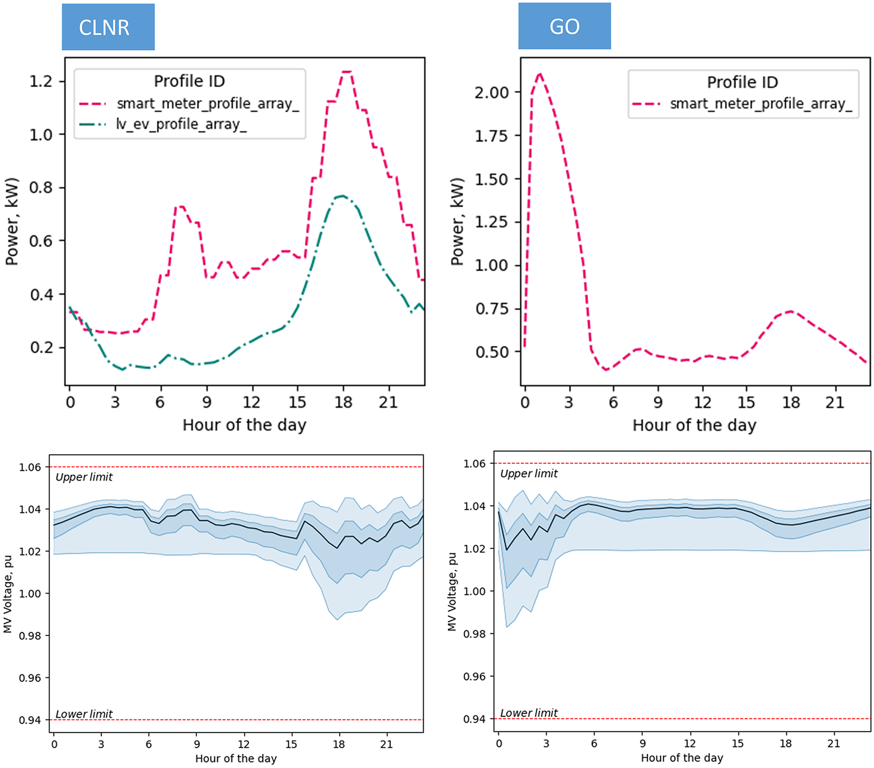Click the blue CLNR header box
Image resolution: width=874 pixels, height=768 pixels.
[x=108, y=27]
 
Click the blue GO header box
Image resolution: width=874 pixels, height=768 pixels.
[x=564, y=26]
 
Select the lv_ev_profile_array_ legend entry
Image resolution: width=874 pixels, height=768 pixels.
[x=181, y=125]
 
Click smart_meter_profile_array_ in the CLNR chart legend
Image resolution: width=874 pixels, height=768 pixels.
[x=208, y=104]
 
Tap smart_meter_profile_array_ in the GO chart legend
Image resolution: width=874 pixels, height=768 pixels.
[x=761, y=104]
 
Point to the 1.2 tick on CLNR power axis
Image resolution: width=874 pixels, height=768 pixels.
[x=41, y=81]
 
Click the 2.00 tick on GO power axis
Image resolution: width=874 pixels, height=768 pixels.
[x=491, y=92]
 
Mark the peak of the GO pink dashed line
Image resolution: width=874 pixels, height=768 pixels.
[x=540, y=74]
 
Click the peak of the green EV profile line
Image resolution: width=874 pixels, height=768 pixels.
[x=342, y=196]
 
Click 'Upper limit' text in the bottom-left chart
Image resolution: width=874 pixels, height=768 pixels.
[x=84, y=477]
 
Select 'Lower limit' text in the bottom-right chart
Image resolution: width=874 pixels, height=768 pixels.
[x=529, y=713]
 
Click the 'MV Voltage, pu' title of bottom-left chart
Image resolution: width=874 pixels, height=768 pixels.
[x=8, y=594]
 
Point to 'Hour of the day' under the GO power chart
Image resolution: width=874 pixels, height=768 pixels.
[x=694, y=425]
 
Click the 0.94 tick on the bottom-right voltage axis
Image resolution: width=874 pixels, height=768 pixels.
[x=474, y=719]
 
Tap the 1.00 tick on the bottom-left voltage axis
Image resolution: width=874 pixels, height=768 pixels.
[x=30, y=594]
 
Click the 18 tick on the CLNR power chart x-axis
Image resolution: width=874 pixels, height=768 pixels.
[x=343, y=402]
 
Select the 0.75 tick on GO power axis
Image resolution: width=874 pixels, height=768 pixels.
[x=491, y=309]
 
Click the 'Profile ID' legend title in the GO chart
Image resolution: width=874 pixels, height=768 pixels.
[x=742, y=82]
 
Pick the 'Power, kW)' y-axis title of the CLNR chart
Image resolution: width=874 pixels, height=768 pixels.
[x=12, y=222]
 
